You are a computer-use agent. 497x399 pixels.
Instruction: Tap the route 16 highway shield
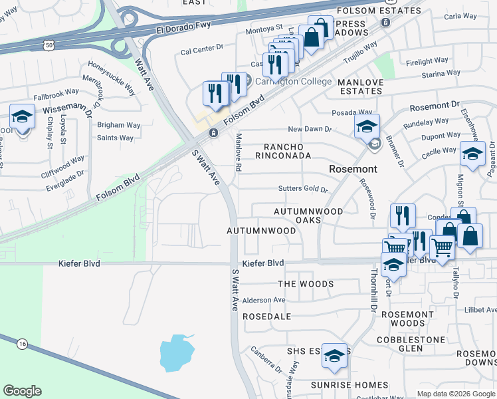coord(23,343)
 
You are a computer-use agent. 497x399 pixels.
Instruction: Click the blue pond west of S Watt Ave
coord(176,352)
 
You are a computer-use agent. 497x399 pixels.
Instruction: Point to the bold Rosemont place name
coord(353,169)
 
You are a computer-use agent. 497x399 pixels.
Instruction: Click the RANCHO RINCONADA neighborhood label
coord(288,151)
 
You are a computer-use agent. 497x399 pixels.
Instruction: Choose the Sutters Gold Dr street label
coord(303,190)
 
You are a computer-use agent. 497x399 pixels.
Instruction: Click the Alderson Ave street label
coord(264,300)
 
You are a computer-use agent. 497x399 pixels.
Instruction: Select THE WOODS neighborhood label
coord(306,284)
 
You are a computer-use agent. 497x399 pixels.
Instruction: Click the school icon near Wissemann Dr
coord(22,117)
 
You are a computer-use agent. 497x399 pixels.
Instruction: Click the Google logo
coord(22,391)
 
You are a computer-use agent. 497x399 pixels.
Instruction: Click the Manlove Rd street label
coord(237,152)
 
